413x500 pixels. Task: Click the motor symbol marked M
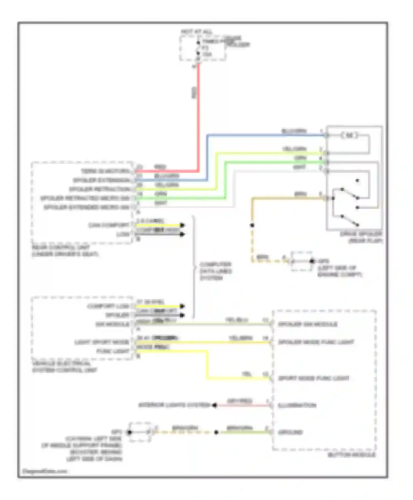tap(349, 135)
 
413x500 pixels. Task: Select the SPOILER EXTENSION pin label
tap(101, 180)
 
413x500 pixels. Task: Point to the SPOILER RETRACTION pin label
tap(99, 189)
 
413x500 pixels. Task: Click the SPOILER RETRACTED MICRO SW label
tap(85, 198)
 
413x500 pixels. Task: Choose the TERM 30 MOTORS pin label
tap(105, 171)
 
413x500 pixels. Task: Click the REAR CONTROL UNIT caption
tap(65, 251)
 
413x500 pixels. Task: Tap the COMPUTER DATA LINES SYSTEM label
tap(216, 271)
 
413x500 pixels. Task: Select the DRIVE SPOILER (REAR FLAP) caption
tap(361, 237)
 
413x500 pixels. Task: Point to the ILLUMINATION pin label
tap(297, 405)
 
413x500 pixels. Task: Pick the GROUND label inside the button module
tap(290, 432)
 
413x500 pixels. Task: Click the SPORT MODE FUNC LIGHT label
tap(314, 378)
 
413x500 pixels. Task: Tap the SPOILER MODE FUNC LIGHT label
tap(316, 342)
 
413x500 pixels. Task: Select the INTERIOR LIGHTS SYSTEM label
tap(174, 405)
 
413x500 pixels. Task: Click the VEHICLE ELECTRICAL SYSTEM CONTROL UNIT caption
tap(65, 367)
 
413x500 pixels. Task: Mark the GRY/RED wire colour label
tap(240, 401)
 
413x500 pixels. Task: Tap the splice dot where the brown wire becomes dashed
tap(252, 225)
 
